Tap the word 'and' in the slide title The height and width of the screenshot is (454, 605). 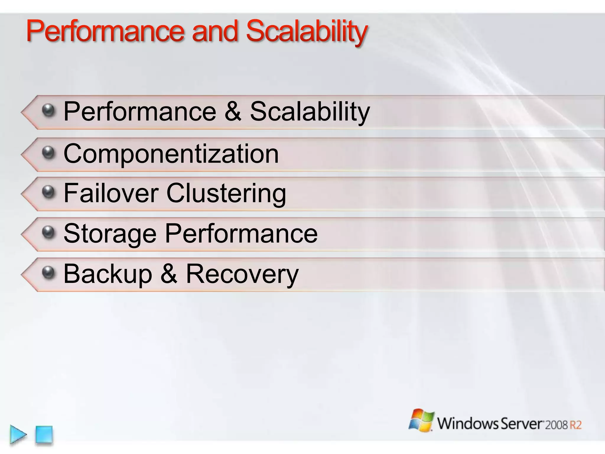coord(215,31)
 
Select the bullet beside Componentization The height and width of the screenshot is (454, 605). coord(48,153)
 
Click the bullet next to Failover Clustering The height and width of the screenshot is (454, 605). coord(48,192)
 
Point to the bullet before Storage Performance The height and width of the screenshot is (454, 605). coord(48,232)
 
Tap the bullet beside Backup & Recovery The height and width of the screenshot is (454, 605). coord(48,273)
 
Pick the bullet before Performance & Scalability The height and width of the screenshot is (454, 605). coord(48,111)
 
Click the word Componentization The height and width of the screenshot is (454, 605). coord(171,154)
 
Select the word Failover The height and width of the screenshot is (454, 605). coord(111,193)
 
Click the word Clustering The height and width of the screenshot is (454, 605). coord(226,194)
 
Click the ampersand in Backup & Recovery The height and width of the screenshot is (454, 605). coord(169,274)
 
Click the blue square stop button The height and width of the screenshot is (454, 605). coord(44,434)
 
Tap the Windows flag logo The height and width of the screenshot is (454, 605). coord(422,420)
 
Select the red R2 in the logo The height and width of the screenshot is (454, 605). coord(575,425)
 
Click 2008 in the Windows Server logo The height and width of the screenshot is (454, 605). coord(557,425)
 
